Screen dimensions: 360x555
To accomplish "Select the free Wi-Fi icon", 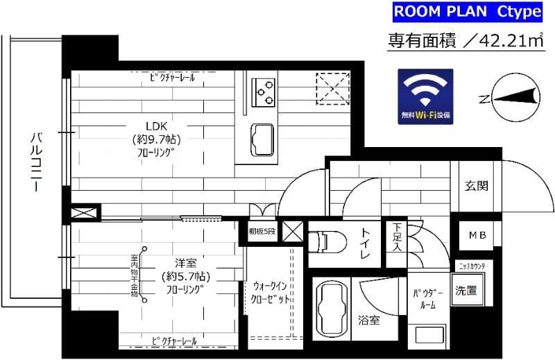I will (x=425, y=96).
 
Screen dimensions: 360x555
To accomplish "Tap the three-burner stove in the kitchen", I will (x=264, y=90).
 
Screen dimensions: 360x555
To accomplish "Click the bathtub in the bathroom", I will (x=330, y=309).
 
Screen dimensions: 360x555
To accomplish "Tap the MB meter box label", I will (x=477, y=236).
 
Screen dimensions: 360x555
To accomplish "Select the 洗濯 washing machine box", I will (x=466, y=291).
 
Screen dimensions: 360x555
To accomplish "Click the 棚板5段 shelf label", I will (x=262, y=232).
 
